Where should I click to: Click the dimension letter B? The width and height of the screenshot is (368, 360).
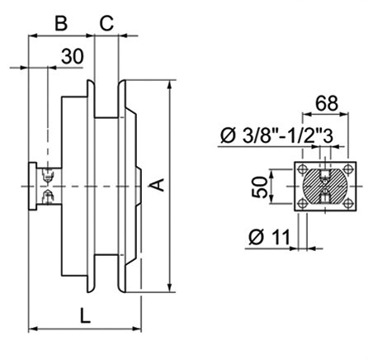pyautogui.click(x=61, y=23)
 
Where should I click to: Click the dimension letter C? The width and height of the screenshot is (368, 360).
pyautogui.click(x=106, y=23)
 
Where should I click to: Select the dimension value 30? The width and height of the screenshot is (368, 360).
pyautogui.click(x=72, y=56)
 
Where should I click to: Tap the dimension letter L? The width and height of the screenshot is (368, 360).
pyautogui.click(x=85, y=315)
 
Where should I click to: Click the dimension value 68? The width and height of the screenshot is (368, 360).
pyautogui.click(x=327, y=103)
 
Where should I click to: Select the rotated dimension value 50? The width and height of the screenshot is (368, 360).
pyautogui.click(x=260, y=187)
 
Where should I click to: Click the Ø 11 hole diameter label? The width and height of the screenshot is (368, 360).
pyautogui.click(x=269, y=237)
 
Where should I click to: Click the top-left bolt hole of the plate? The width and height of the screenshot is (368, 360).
pyautogui.click(x=303, y=169)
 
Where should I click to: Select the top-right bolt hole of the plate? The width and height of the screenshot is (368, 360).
pyautogui.click(x=348, y=169)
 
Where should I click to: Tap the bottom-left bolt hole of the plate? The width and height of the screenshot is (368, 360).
pyautogui.click(x=303, y=204)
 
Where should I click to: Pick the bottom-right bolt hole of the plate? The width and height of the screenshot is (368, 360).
pyautogui.click(x=348, y=204)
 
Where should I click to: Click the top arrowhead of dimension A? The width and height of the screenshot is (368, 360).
pyautogui.click(x=170, y=84)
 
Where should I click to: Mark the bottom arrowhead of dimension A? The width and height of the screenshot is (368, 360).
pyautogui.click(x=170, y=287)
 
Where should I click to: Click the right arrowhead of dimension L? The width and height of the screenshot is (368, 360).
pyautogui.click(x=137, y=329)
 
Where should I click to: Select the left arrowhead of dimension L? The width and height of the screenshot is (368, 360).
pyautogui.click(x=33, y=329)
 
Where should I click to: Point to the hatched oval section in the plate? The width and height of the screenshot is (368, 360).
pyautogui.click(x=325, y=187)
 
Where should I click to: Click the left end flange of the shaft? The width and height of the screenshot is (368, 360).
pyautogui.click(x=32, y=187)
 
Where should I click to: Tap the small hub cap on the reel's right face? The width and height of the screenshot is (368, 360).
pyautogui.click(x=139, y=187)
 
